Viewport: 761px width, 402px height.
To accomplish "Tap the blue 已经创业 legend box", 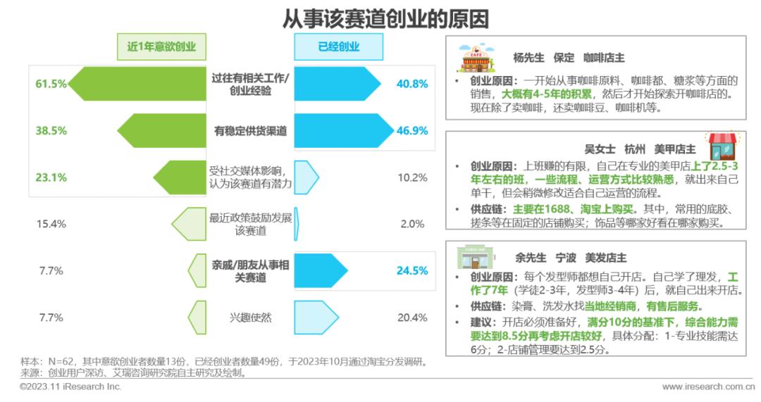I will [x=338, y=47].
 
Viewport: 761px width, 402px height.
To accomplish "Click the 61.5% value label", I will [x=51, y=84].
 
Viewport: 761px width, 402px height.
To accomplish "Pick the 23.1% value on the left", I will [x=51, y=177].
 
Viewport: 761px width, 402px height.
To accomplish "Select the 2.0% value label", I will [x=412, y=224].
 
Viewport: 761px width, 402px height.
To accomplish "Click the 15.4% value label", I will [x=51, y=224].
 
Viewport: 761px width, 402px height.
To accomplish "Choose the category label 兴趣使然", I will [x=250, y=317].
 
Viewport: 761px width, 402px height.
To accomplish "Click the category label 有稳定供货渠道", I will [x=250, y=130].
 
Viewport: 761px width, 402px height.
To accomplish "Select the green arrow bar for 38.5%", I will [x=162, y=130].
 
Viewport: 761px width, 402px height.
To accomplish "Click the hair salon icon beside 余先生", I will [x=474, y=258].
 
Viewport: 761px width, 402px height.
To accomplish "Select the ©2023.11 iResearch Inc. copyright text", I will [x=70, y=387].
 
